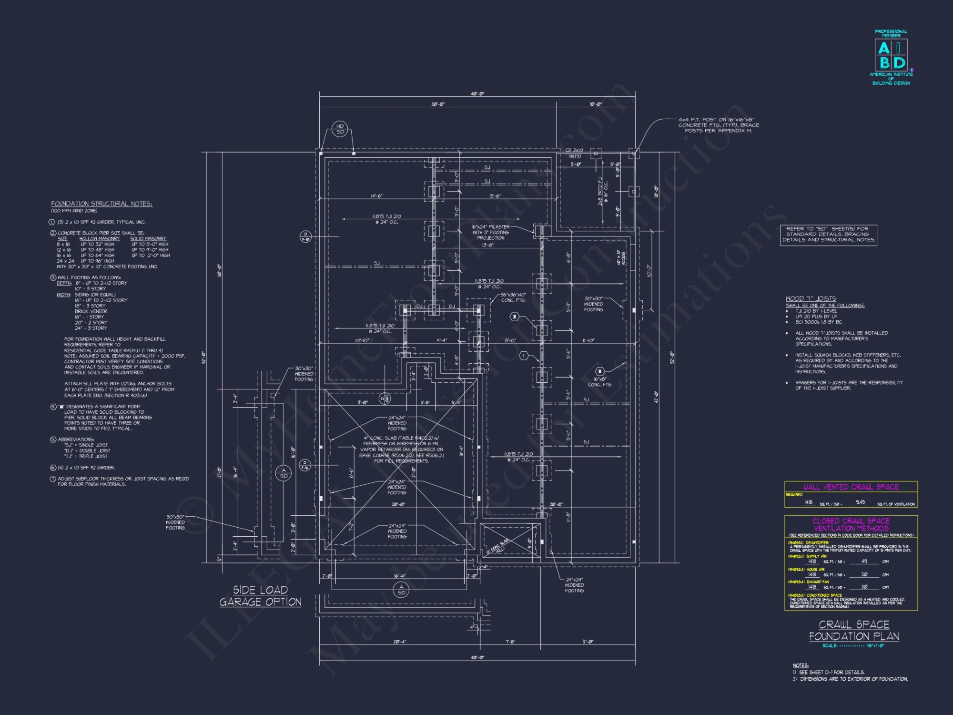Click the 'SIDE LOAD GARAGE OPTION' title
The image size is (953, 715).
tap(260, 596)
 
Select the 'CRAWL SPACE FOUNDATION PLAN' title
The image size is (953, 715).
tap(854, 630)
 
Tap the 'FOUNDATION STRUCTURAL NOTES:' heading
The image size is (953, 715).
tap(101, 204)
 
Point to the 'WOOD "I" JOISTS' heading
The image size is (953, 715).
tap(811, 298)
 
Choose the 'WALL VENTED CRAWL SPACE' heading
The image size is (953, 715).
tap(851, 487)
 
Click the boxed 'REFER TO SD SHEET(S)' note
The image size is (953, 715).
tap(829, 235)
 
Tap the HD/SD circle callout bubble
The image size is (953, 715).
tap(340, 129)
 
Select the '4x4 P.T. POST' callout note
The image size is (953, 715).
tap(719, 125)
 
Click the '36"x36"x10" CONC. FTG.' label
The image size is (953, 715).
tap(513, 297)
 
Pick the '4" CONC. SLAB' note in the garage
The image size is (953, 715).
tap(401, 449)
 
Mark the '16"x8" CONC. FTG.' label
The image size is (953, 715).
tap(600, 382)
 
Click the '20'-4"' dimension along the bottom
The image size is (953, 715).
tap(399, 642)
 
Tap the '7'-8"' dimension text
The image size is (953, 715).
tap(510, 642)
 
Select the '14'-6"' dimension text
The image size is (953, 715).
tap(376, 196)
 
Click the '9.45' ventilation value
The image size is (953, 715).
tap(860, 502)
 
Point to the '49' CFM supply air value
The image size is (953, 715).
tap(864, 562)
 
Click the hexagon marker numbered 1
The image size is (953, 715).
tap(524, 356)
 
